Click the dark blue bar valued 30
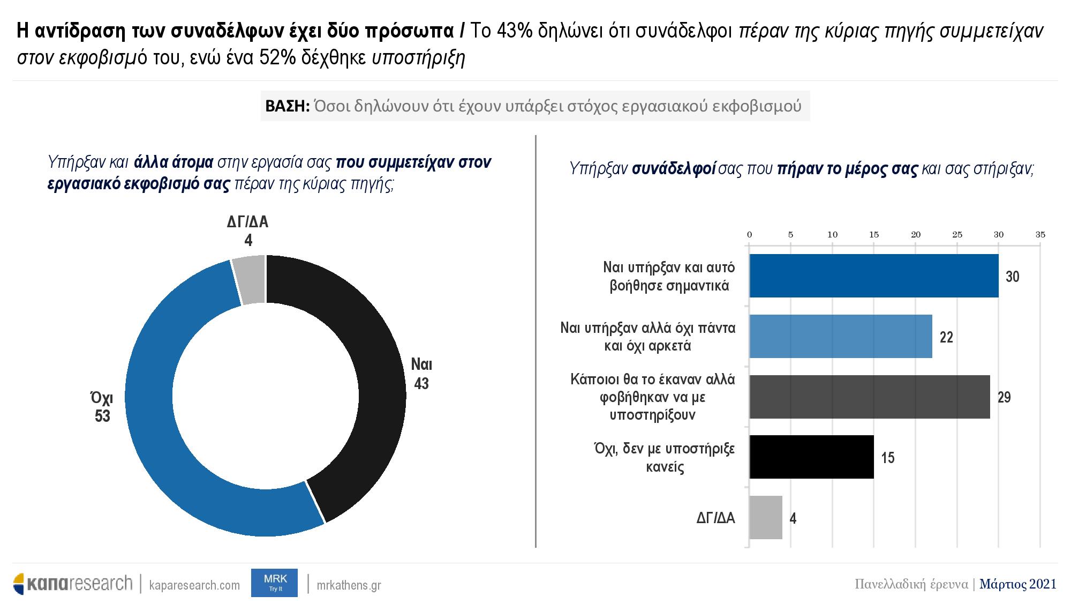873,276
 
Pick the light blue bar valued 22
840,337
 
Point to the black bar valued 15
811,457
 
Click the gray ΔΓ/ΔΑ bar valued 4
765,518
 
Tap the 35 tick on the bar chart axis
1040,235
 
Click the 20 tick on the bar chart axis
916,235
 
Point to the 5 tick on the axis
790,235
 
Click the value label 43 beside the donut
421,384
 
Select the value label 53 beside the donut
102,416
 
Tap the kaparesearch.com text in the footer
194,585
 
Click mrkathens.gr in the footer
349,585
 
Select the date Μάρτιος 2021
1018,584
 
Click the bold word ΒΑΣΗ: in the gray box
287,106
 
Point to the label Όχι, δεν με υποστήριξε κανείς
665,457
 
